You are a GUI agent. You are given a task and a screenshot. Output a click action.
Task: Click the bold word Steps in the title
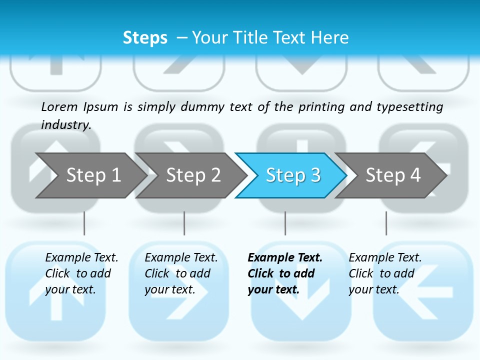click(145, 38)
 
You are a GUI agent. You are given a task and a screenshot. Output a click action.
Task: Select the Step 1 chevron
click(93, 175)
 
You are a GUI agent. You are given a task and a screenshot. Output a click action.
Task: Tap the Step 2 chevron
click(193, 175)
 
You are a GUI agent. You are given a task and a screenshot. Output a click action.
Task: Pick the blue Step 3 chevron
click(293, 175)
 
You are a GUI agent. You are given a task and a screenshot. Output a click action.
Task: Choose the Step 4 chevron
click(393, 175)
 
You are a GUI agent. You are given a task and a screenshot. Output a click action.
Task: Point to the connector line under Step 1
click(84, 223)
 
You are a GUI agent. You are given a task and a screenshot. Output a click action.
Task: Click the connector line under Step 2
click(184, 223)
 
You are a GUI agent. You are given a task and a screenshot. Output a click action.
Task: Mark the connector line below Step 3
click(285, 223)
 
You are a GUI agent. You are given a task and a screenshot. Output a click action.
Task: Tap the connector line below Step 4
click(386, 223)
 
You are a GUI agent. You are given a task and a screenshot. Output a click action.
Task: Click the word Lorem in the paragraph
click(59, 106)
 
